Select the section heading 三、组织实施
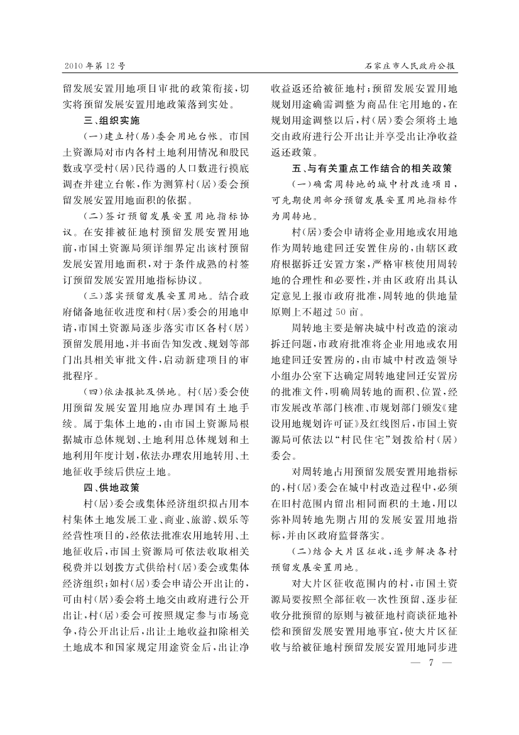(111, 119)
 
